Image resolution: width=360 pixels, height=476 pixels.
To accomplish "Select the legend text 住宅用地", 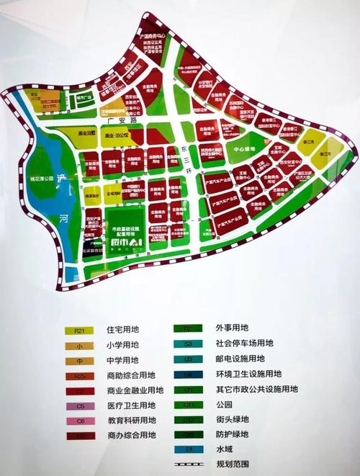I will pyautogui.click(x=122, y=331).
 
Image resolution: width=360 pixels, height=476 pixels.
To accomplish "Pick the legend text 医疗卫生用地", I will pyautogui.click(x=131, y=406).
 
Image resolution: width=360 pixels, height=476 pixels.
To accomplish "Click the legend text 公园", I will pyautogui.click(x=223, y=405).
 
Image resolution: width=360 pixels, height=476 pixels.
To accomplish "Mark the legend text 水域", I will pyautogui.click(x=223, y=451).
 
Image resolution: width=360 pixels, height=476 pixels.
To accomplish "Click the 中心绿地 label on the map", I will pyautogui.click(x=237, y=151).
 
